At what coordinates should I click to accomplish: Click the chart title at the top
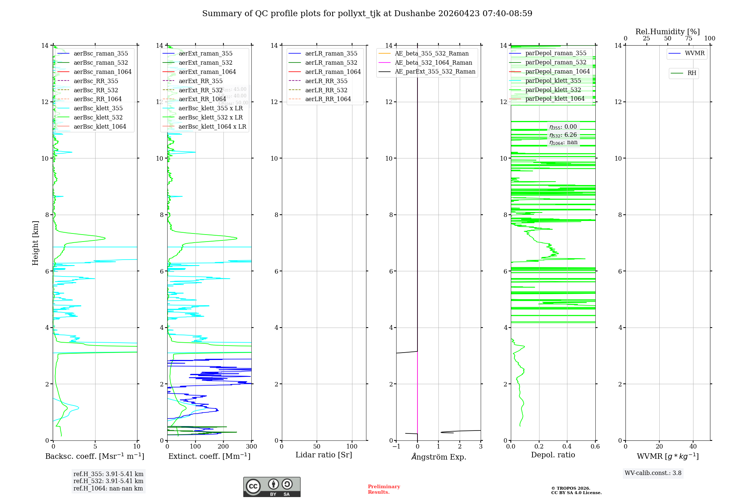[367, 14]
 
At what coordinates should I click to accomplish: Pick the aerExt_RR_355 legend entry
[200, 81]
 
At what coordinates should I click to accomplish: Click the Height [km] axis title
[35, 243]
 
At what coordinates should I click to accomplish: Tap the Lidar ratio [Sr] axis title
[324, 455]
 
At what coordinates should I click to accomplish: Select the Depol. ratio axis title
[553, 455]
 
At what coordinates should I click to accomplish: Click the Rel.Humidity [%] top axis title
[667, 32]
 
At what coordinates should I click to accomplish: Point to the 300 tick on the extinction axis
[251, 447]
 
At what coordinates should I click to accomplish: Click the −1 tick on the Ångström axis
[396, 447]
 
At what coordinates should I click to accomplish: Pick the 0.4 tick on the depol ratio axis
[567, 447]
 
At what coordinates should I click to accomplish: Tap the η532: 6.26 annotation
[563, 135]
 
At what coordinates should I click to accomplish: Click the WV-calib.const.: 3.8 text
[653, 473]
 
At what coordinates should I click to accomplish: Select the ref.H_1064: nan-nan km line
[108, 488]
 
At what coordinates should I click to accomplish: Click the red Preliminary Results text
[384, 489]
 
